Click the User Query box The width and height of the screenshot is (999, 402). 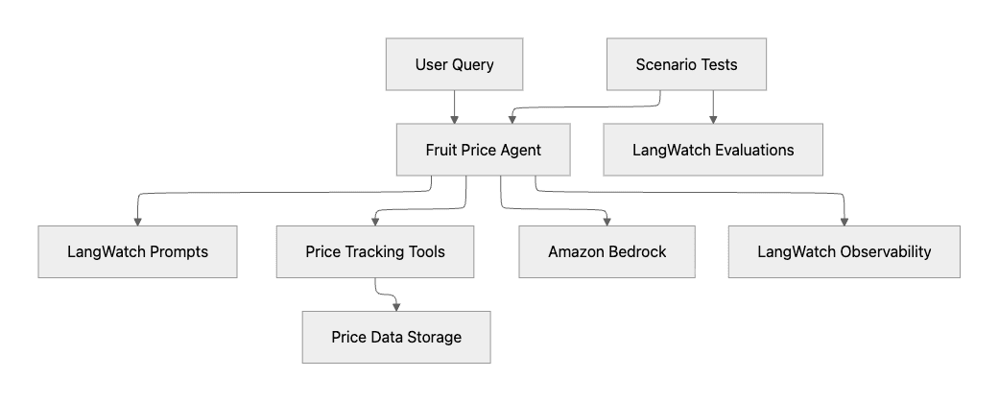click(x=455, y=65)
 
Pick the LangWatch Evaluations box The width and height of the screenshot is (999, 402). click(x=713, y=150)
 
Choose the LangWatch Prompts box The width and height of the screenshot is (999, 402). click(x=138, y=252)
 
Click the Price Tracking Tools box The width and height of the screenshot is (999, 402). click(x=374, y=252)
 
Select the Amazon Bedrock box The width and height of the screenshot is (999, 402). click(x=607, y=252)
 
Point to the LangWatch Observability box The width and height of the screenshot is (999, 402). click(x=844, y=252)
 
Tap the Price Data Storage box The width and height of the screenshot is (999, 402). click(x=396, y=337)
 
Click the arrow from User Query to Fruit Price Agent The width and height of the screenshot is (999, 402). click(x=455, y=106)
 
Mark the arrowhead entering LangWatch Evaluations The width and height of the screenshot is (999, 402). click(x=713, y=118)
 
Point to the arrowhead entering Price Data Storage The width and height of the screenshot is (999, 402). click(x=396, y=306)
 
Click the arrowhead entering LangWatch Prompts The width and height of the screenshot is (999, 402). click(x=138, y=221)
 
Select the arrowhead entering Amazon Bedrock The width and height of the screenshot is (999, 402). click(x=607, y=221)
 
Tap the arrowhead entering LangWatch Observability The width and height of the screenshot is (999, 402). click(x=844, y=221)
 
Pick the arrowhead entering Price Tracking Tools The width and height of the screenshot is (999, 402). click(x=374, y=221)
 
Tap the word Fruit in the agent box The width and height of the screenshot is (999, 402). click(x=440, y=150)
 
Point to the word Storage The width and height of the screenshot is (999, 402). click(x=431, y=337)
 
